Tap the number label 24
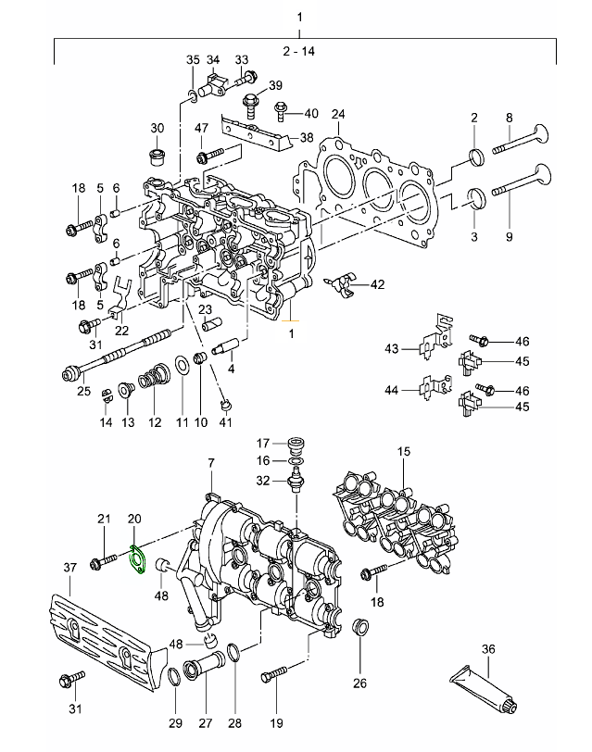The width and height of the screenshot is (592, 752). [338, 115]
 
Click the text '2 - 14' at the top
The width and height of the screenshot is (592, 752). [301, 52]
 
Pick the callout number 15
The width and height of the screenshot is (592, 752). [403, 451]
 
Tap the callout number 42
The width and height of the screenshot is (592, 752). [377, 284]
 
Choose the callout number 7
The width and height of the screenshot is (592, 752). [210, 462]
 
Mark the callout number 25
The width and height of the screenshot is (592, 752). [83, 392]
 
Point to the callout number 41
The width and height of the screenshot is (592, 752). [225, 422]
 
